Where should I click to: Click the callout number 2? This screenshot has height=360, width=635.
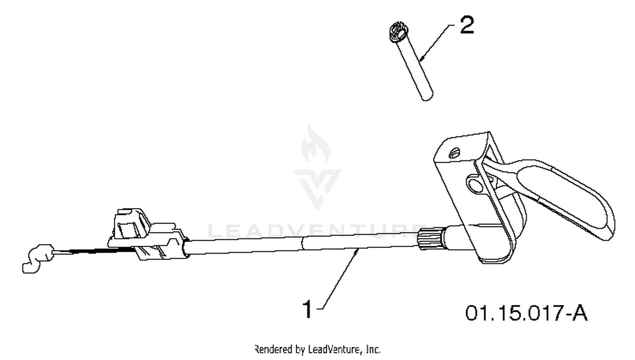(467, 25)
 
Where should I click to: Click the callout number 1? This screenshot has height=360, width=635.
(308, 309)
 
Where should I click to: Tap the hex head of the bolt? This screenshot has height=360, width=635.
(399, 32)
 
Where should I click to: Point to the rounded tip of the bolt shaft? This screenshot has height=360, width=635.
(427, 96)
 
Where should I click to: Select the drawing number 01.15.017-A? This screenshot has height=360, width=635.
(526, 313)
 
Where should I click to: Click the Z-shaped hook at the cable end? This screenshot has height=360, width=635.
(37, 258)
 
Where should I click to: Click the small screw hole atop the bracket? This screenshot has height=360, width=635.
(454, 153)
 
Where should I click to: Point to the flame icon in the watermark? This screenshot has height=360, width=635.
(315, 144)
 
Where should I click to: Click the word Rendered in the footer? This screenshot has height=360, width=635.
(274, 349)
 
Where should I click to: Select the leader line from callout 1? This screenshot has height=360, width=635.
(339, 279)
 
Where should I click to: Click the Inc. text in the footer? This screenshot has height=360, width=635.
(373, 349)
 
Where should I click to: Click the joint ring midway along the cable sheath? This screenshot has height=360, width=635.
(302, 244)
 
